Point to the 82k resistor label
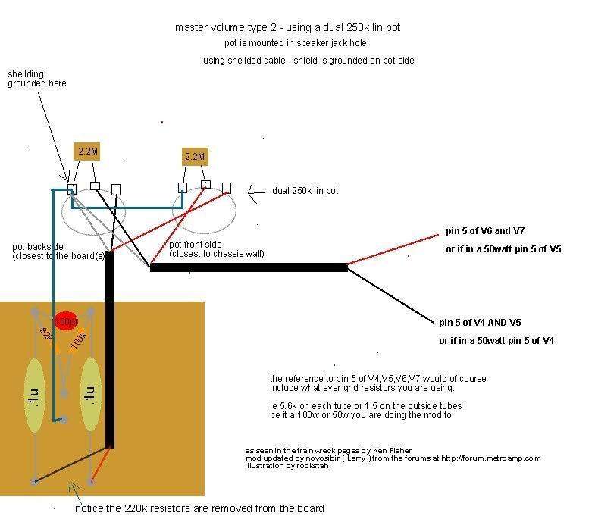tap(46, 335)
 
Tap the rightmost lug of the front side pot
tap(227, 187)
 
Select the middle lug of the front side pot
tap(205, 186)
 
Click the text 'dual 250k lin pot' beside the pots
tap(305, 191)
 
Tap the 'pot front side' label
tap(217, 249)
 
